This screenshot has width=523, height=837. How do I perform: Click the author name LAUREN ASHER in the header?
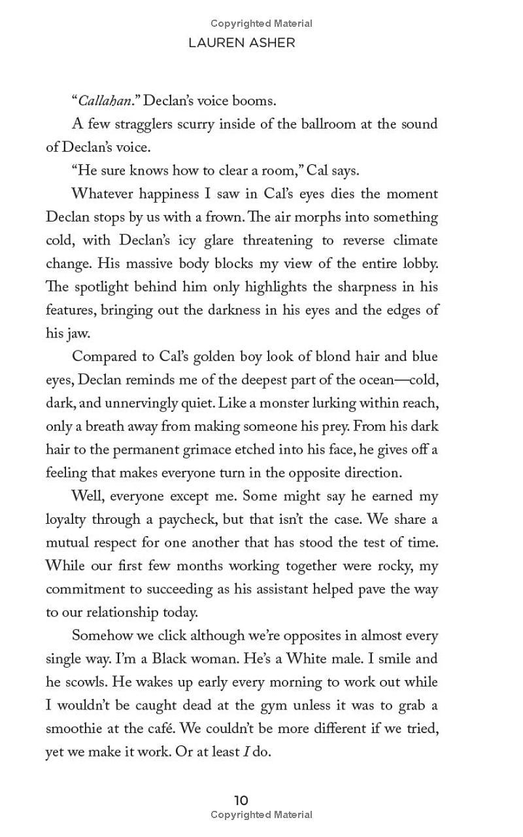coord(242,43)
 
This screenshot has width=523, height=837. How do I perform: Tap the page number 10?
coord(241,800)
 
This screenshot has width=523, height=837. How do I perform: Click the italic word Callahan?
coord(105,101)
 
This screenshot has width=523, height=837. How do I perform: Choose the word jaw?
coord(76,333)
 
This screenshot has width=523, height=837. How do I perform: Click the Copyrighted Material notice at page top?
coord(261,24)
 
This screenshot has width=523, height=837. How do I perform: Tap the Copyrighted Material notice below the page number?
coord(261,815)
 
